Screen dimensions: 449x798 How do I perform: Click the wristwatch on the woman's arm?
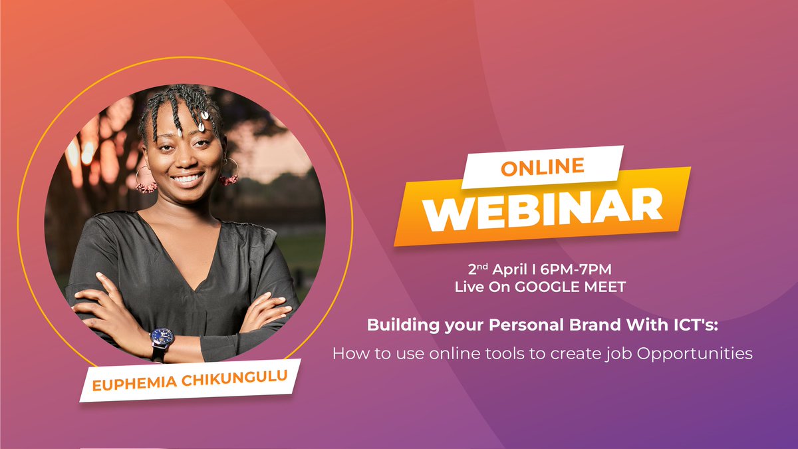point(162,338)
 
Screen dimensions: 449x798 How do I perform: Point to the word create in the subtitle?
point(576,353)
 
